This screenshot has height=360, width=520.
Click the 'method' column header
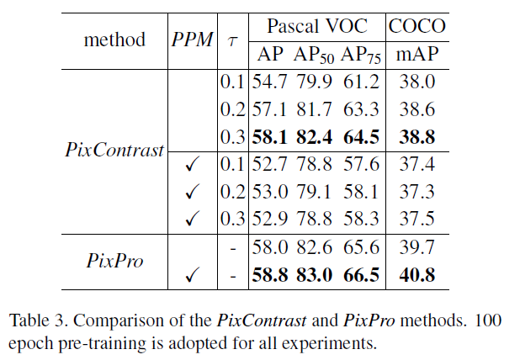point(114,40)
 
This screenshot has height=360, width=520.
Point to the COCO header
point(417,25)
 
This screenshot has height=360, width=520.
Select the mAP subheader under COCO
point(416,56)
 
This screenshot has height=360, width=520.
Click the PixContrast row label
point(114,150)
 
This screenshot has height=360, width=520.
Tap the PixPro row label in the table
point(115,260)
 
